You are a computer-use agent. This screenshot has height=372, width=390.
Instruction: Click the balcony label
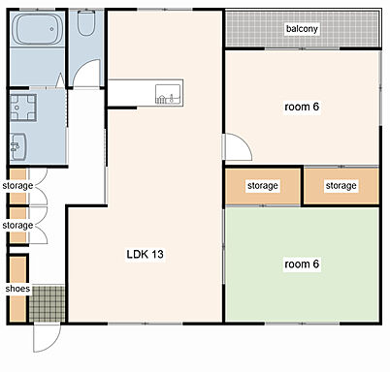pyautogui.click(x=302, y=29)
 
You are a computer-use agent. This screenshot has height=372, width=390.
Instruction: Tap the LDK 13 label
pyautogui.click(x=145, y=254)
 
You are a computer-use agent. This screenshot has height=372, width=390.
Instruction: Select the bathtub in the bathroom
pyautogui.click(x=38, y=29)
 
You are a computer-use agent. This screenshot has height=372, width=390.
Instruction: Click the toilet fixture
pyautogui.click(x=86, y=23)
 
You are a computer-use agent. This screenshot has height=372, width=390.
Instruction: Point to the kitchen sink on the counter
pyautogui.click(x=168, y=94)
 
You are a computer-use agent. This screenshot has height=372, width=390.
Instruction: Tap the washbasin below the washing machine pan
pyautogui.click(x=18, y=146)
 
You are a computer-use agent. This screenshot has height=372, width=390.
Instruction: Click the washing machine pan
pyautogui.click(x=22, y=108)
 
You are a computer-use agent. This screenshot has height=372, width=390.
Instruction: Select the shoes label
pyautogui.click(x=17, y=289)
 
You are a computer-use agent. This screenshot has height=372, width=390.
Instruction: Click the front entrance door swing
pyautogui.click(x=47, y=337)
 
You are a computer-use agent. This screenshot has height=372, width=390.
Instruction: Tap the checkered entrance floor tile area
pyautogui.click(x=48, y=303)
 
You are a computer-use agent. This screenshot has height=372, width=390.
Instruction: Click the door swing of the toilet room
pyautogui.click(x=86, y=74)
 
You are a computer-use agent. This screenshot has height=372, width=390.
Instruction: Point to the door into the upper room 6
pyautogui.click(x=238, y=146)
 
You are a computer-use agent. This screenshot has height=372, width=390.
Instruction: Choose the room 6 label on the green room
pyautogui.click(x=302, y=264)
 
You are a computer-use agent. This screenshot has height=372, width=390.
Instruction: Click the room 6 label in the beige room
pyautogui.click(x=302, y=107)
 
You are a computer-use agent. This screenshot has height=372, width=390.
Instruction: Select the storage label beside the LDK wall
pyautogui.click(x=263, y=186)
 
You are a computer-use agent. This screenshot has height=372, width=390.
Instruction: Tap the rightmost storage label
pyautogui.click(x=341, y=186)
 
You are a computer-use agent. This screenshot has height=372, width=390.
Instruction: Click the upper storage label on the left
pyautogui.click(x=17, y=186)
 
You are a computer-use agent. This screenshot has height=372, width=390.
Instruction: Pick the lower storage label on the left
pyautogui.click(x=17, y=225)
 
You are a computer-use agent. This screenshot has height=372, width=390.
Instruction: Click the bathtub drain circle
pyautogui.click(x=51, y=29)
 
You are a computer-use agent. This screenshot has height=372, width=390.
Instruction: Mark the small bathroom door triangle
pyautogui.click(x=60, y=80)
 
